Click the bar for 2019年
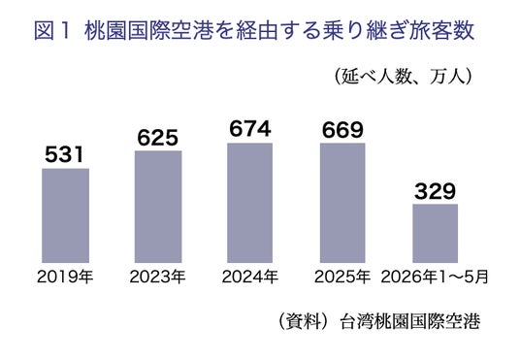[65, 215]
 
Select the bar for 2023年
[158, 207]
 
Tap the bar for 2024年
[249, 203]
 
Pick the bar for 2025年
[342, 203]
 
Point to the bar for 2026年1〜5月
[435, 233]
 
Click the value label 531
[64, 154]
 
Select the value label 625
[158, 138]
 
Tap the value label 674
[250, 129]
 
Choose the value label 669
[342, 130]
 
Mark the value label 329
[435, 191]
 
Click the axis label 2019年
[65, 278]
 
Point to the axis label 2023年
[157, 278]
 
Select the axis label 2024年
[249, 278]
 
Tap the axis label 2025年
[342, 278]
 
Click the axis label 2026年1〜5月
[435, 278]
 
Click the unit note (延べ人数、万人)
[404, 77]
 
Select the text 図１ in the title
[52, 31]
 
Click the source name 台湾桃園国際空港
[410, 321]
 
